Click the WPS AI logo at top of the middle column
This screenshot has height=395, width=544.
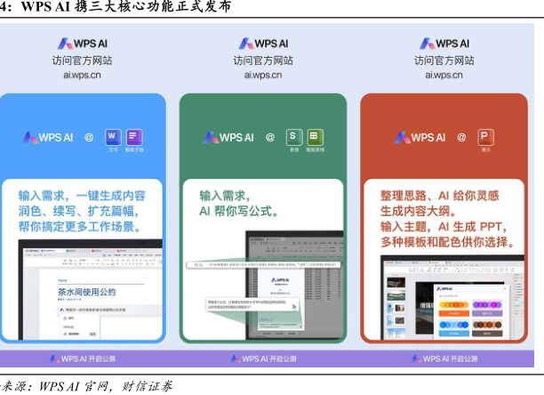[263, 44]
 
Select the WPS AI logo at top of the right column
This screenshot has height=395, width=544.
[444, 44]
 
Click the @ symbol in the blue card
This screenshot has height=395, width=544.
[89, 137]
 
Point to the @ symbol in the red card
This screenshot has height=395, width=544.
[461, 137]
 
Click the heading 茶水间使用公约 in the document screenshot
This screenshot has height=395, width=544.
[87, 291]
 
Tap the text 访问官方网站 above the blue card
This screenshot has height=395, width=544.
[82, 60]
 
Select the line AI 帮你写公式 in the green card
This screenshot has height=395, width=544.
[238, 213]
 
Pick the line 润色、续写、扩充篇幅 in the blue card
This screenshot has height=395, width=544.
[82, 211]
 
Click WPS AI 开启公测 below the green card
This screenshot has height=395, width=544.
[263, 359]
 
